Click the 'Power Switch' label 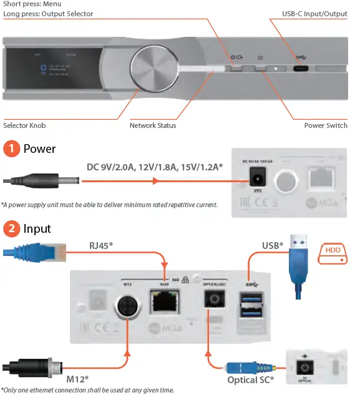[326, 125]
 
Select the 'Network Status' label [153, 125]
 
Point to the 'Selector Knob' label [24, 125]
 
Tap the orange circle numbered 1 [11, 149]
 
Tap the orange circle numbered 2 [11, 229]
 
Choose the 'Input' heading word [37, 229]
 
